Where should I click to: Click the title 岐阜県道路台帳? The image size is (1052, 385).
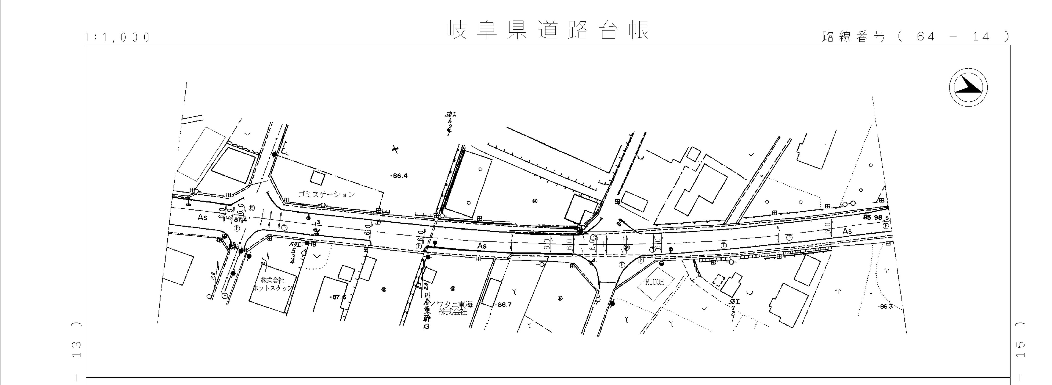[548, 30]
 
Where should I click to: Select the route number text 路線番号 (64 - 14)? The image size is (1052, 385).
[915, 37]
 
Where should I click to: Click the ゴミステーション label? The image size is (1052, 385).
[326, 194]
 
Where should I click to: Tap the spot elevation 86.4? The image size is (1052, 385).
[400, 176]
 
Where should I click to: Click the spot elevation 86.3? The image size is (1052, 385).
[885, 307]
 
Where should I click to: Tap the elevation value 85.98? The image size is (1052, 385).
[873, 217]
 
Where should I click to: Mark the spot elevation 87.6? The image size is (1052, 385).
[338, 297]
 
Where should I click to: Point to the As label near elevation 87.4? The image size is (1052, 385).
[203, 217]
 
